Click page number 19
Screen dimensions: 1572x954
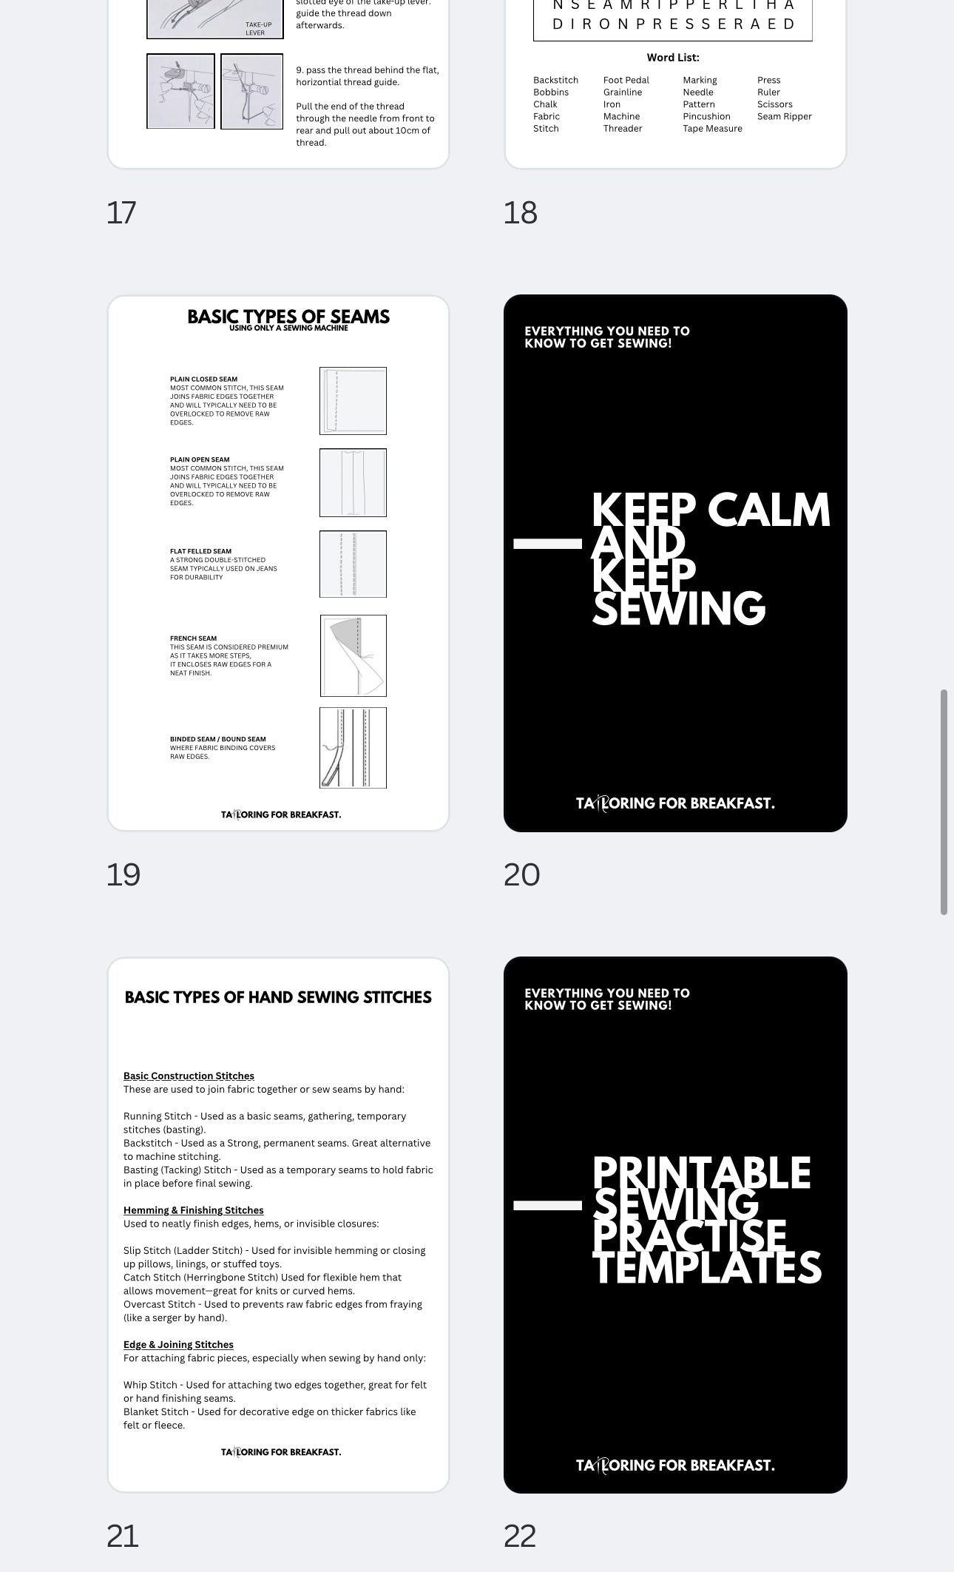click(123, 874)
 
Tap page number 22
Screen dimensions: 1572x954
click(520, 1536)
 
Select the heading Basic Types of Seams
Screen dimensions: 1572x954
click(288, 317)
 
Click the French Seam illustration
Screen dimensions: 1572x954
click(353, 655)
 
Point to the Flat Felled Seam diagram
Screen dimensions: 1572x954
click(353, 564)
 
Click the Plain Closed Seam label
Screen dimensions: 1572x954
click(203, 379)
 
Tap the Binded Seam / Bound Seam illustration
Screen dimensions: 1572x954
click(353, 748)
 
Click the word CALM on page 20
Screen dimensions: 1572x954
click(768, 510)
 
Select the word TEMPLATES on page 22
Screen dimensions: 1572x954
click(706, 1268)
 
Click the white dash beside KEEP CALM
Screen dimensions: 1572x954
click(547, 544)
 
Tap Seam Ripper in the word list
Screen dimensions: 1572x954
click(784, 116)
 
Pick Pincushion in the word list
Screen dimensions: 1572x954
click(706, 116)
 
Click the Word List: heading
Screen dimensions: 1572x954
click(672, 58)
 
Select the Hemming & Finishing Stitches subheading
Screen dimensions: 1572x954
click(193, 1210)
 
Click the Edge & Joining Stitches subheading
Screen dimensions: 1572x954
click(178, 1344)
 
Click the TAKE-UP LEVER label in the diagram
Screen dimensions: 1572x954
click(258, 28)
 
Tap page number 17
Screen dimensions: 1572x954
click(121, 212)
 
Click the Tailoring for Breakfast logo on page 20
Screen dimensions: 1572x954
click(674, 803)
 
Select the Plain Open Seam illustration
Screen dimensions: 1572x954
click(353, 482)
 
